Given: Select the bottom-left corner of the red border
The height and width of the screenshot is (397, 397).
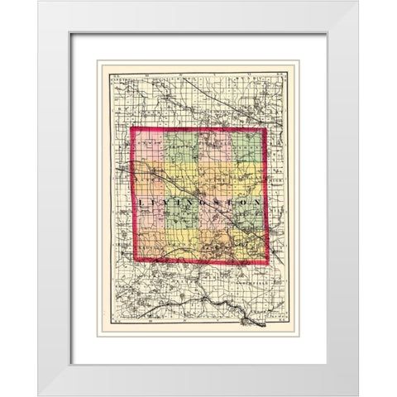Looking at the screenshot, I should pos(133,262).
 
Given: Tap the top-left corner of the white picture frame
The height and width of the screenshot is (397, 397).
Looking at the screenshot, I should pos(38,2).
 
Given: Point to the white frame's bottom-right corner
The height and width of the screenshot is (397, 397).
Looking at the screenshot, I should pos(358,395).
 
